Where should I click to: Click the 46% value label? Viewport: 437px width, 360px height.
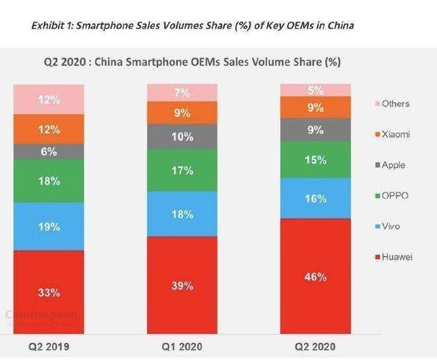point(315,277)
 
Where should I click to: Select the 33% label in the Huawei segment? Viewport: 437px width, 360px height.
point(48,292)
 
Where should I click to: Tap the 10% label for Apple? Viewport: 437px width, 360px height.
point(182,137)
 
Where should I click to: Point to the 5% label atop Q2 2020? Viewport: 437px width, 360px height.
point(315,90)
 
